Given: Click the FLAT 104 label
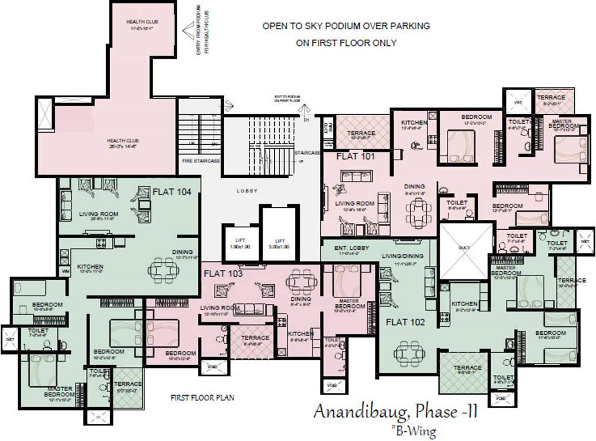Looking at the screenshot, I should pyautogui.click(x=168, y=192).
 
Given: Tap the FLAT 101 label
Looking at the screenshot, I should pyautogui.click(x=355, y=156).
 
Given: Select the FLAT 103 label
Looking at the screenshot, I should pyautogui.click(x=223, y=273).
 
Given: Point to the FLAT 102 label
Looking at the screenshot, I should pyautogui.click(x=405, y=322).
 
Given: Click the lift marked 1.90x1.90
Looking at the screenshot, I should pyautogui.click(x=235, y=243).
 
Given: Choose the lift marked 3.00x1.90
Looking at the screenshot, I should pyautogui.click(x=279, y=243).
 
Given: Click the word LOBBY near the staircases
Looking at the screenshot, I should pyautogui.click(x=247, y=191).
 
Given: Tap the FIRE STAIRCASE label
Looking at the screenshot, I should pyautogui.click(x=200, y=161).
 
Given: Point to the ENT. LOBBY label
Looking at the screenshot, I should pyautogui.click(x=352, y=247).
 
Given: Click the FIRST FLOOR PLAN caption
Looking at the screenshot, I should pyautogui.click(x=202, y=397).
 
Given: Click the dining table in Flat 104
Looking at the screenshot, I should pyautogui.click(x=163, y=268).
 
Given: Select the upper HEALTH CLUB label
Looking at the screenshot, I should pyautogui.click(x=142, y=22).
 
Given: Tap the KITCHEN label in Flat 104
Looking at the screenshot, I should pyautogui.click(x=90, y=266).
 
